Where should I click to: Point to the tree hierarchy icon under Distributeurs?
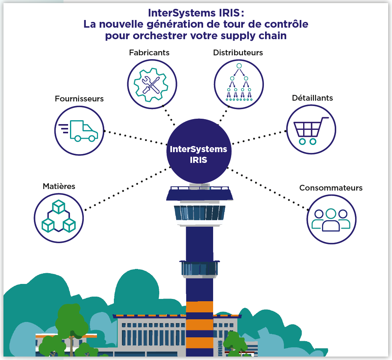click(x=239, y=83)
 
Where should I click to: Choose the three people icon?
click(x=331, y=219)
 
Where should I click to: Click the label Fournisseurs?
click(x=79, y=99)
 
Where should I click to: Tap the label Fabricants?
click(x=149, y=53)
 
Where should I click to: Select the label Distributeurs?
click(x=238, y=53)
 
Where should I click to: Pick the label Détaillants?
click(x=312, y=98)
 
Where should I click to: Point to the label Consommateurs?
click(x=331, y=188)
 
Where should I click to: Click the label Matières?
click(x=59, y=186)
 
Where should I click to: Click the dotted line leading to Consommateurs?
click(x=269, y=189)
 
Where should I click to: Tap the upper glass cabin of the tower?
click(x=199, y=212)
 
